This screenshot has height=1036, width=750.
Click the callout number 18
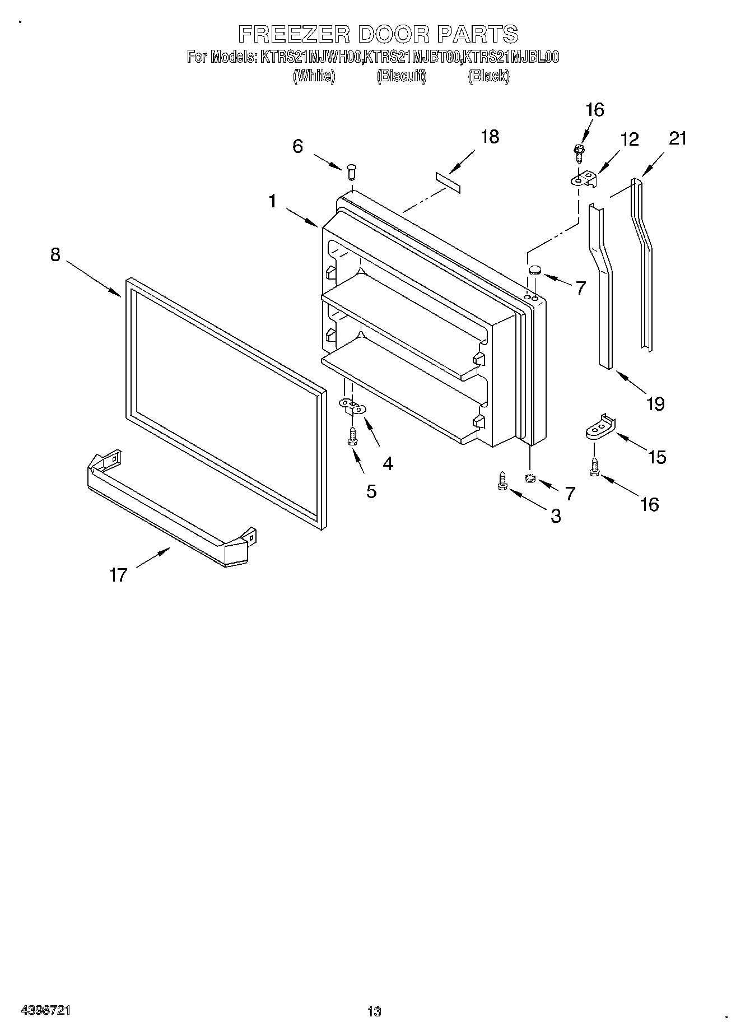click(490, 137)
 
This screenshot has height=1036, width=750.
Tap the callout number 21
click(677, 138)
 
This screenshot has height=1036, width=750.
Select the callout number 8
click(55, 254)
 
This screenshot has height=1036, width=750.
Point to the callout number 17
click(118, 575)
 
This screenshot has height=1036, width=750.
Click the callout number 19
click(655, 403)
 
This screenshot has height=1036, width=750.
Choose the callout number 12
click(630, 140)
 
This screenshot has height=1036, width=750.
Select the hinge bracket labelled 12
click(583, 179)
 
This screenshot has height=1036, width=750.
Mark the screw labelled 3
click(502, 481)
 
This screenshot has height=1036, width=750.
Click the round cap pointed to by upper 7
click(534, 270)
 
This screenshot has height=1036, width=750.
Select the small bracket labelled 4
click(352, 406)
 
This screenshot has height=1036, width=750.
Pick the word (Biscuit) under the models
click(401, 76)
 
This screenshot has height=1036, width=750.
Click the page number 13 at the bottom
click(374, 1012)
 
